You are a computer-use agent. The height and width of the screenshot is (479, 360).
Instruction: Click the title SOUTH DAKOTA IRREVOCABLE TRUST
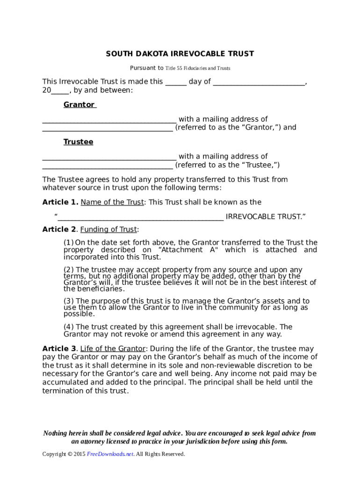click(x=180, y=54)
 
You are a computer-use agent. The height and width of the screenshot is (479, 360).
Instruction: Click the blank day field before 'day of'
click(x=176, y=82)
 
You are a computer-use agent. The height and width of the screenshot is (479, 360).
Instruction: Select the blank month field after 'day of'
click(x=259, y=82)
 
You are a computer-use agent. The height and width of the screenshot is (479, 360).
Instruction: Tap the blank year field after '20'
click(x=60, y=90)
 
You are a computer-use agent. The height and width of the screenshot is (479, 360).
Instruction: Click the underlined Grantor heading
click(x=79, y=105)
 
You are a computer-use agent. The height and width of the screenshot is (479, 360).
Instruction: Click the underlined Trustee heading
click(x=78, y=142)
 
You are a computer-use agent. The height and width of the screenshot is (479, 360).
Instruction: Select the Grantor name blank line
click(x=109, y=119)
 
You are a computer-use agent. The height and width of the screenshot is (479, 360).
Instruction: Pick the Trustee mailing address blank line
click(x=108, y=165)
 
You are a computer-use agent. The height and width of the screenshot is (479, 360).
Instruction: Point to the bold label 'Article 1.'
click(x=60, y=203)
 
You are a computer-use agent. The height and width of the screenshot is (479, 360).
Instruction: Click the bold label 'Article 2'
click(x=59, y=230)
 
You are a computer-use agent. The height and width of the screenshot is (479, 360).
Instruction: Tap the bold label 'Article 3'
click(x=59, y=349)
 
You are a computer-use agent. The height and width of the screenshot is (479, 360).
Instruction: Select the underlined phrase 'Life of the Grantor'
click(x=113, y=349)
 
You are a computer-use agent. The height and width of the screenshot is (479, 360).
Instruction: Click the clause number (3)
click(x=69, y=301)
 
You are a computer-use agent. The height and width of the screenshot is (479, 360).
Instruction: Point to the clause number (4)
click(x=69, y=327)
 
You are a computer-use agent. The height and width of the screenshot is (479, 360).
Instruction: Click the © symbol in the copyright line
click(x=70, y=454)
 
